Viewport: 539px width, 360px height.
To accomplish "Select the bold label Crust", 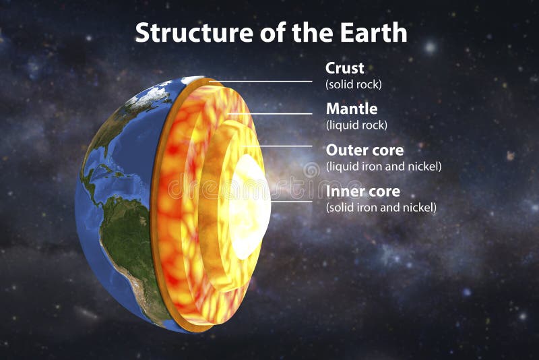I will pos(344,68).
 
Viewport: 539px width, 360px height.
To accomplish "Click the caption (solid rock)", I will pos(354,85).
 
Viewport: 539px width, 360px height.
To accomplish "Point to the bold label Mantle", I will pos(352,109).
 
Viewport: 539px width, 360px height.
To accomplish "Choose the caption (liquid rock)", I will pos(356,125).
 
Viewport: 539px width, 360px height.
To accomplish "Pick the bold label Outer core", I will pos(364,150).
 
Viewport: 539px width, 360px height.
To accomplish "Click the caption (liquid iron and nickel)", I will pos(383,166).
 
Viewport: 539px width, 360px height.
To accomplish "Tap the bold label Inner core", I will pos(363,191).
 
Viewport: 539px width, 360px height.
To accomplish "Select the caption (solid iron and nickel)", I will pos(381,208).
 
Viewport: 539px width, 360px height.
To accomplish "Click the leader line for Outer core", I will pos(283,146).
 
